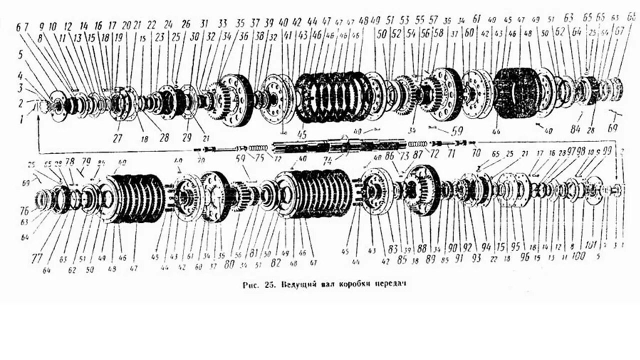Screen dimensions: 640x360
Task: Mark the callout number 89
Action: click(x=430, y=258)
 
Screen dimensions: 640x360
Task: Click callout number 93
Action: click(x=475, y=258)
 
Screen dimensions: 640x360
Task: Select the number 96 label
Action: click(x=524, y=258)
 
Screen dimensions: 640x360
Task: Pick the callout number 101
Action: click(x=590, y=245)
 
